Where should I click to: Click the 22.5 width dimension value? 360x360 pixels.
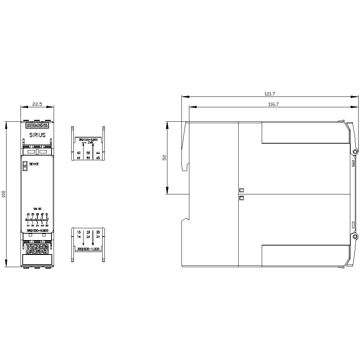[37, 104]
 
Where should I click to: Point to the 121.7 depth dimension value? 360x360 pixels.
[270, 94]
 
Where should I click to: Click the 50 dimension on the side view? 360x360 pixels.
[165, 158]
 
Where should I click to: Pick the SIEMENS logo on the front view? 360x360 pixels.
[37, 126]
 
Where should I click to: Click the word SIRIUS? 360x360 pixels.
[37, 135]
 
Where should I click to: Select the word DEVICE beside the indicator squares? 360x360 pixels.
[34, 164]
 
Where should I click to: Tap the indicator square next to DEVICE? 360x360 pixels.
[25, 163]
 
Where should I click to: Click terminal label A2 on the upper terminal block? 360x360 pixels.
[79, 153]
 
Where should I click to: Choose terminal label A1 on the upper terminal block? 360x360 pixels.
[79, 158]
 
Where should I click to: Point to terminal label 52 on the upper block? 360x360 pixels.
[88, 153]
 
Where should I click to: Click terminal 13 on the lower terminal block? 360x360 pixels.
[79, 232]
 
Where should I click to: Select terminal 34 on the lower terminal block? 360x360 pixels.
[98, 237]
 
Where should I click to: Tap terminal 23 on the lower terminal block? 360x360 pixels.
[88, 232]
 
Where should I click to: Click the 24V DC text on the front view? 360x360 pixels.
[37, 209]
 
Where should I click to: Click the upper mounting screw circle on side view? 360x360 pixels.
[355, 152]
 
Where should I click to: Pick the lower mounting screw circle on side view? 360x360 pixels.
[355, 237]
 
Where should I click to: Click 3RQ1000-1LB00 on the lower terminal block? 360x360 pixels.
[88, 249]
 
